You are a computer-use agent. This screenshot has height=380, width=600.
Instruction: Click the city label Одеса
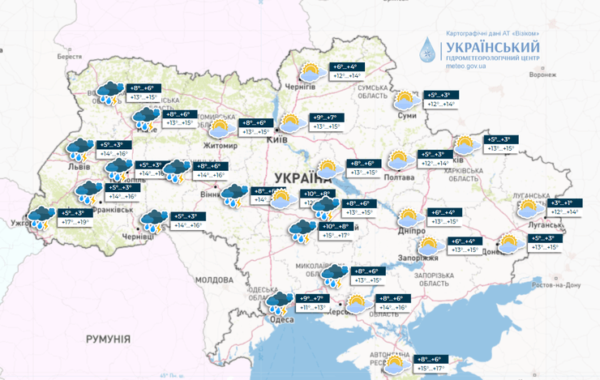(x=282, y=319)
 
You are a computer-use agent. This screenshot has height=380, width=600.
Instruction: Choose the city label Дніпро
(x=413, y=230)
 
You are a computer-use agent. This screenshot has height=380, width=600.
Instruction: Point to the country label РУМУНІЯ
(x=110, y=338)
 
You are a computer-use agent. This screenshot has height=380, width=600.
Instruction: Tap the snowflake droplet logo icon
(x=426, y=51)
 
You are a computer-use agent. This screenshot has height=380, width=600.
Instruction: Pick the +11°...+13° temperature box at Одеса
(x=313, y=308)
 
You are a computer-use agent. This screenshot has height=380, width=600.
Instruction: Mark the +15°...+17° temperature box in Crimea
(x=431, y=369)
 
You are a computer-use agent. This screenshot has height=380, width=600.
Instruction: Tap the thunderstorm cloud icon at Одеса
(x=281, y=303)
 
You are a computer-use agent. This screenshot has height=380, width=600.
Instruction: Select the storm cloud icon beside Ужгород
(x=41, y=218)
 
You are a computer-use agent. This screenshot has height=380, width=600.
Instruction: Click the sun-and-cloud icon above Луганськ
(x=533, y=207)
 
